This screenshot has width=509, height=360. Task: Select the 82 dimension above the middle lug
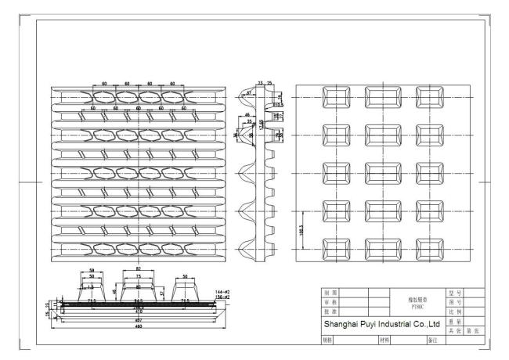(138, 269)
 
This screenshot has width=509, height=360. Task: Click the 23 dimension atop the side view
(260, 81)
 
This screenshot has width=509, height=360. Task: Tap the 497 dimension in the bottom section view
(139, 320)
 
